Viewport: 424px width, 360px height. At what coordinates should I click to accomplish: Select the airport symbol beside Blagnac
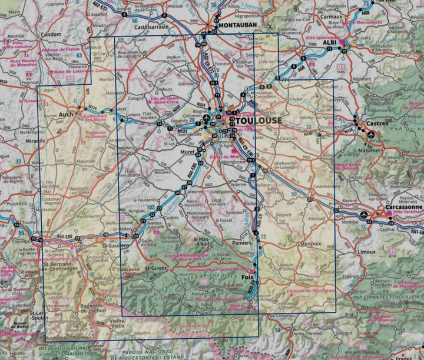206,122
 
